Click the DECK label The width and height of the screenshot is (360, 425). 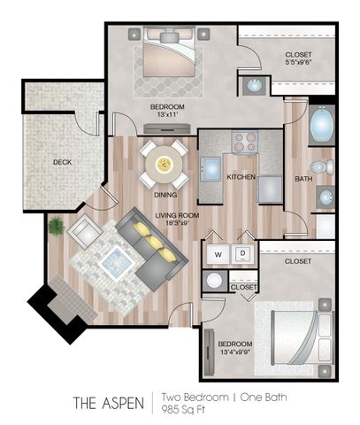point(62,162)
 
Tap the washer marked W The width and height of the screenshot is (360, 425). point(218,254)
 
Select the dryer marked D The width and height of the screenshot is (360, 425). point(243,254)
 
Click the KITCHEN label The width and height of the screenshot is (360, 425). point(241,177)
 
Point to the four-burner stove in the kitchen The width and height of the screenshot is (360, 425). point(245,143)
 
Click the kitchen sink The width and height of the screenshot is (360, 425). point(211,168)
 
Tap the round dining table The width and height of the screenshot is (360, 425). point(165,164)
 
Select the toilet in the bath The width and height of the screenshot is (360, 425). point(322,166)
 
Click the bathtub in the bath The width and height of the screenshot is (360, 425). point(322,125)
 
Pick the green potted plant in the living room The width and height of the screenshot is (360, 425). point(56,226)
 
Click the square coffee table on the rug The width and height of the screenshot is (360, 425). point(116,263)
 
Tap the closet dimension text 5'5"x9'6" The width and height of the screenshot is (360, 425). point(298,62)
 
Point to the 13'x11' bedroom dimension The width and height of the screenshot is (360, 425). point(167,114)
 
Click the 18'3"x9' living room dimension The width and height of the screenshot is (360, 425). point(177,223)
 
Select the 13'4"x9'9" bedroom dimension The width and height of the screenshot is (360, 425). point(235,352)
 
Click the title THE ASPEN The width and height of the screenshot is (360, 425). point(109,403)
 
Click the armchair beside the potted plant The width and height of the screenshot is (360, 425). point(84,231)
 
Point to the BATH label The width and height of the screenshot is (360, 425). point(303,179)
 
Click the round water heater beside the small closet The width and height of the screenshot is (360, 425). point(214,281)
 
